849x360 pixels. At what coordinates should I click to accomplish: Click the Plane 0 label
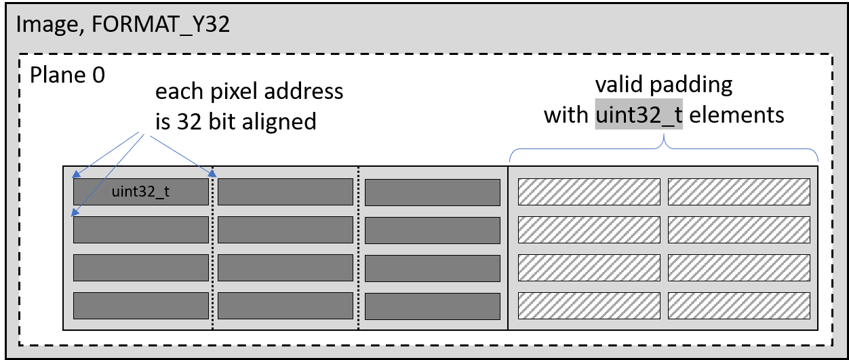tap(67, 75)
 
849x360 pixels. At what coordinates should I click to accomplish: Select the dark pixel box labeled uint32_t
tap(140, 192)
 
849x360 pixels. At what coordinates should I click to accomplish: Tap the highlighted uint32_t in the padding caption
tap(639, 115)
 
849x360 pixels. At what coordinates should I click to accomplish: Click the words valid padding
tap(663, 85)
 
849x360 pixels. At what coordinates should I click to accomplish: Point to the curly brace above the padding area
tap(663, 142)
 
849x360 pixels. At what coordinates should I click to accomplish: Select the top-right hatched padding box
tap(738, 192)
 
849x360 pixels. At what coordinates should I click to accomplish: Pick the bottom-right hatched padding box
tap(738, 306)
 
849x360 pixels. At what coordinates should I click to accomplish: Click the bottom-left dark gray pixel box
tap(140, 306)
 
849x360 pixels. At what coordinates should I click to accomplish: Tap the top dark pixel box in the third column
tap(432, 192)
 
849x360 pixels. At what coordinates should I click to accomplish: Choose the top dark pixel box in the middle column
tap(285, 192)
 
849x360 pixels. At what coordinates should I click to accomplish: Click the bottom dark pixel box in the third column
tap(432, 306)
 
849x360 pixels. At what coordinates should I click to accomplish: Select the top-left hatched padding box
tap(589, 192)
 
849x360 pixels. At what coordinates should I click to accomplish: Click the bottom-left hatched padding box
tap(589, 306)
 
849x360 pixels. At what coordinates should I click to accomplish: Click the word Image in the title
tap(42, 25)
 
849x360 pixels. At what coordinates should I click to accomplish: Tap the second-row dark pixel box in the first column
tap(140, 230)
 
